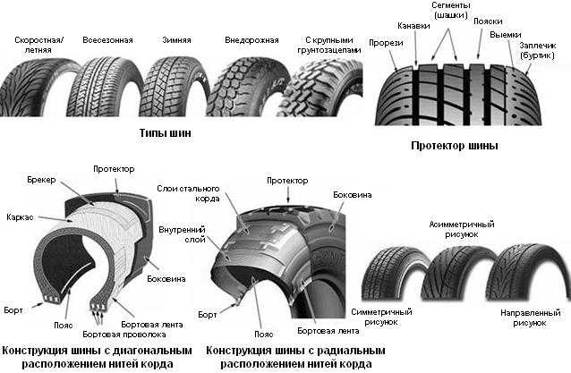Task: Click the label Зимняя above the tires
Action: coord(176,40)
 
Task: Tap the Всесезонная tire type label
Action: coord(107,40)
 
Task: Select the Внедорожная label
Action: coord(251,40)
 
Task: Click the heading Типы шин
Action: coord(166,132)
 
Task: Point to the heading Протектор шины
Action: coord(454,146)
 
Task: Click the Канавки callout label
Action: coord(413,26)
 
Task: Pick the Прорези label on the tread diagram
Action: coord(386,43)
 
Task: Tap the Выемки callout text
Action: coord(506,35)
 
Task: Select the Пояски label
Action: coord(488,21)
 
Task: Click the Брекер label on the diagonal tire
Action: coord(41,180)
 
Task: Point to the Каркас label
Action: coord(20,217)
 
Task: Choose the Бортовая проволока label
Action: coord(124,334)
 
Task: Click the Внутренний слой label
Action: coord(182,234)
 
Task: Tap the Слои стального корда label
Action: coord(188,193)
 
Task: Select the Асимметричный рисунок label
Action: coord(462,229)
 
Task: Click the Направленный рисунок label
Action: coord(530,318)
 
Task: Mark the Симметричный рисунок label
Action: coord(381,317)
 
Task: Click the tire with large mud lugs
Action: coord(322,89)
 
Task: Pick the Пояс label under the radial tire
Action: coord(264,334)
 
